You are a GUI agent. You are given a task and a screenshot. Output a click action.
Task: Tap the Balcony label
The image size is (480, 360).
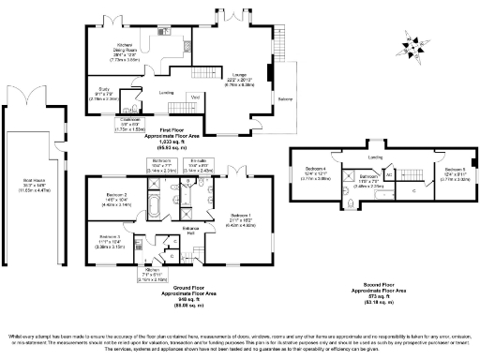(284, 97)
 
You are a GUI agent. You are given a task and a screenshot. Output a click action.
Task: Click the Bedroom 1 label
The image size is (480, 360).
(241, 221)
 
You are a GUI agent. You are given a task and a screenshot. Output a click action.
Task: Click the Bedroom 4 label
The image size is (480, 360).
(319, 174)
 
